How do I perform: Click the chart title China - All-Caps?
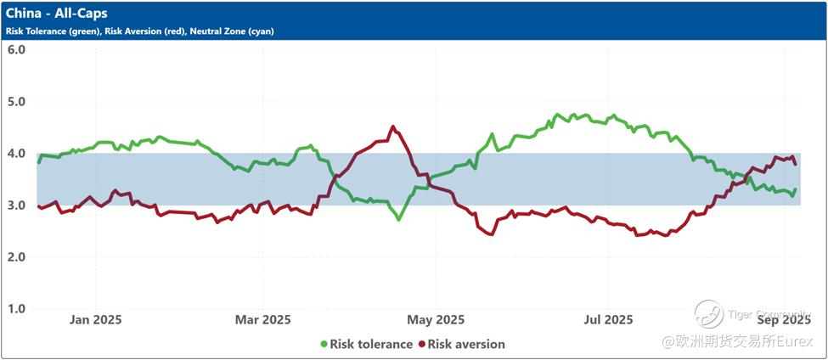pyautogui.click(x=57, y=14)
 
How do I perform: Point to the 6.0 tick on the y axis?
pyautogui.click(x=16, y=49)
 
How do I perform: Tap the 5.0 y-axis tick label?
pyautogui.click(x=16, y=101)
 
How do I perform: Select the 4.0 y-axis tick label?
pyautogui.click(x=16, y=154)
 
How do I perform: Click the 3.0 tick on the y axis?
pyautogui.click(x=16, y=205)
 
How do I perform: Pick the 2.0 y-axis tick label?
pyautogui.click(x=16, y=257)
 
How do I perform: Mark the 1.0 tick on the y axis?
pyautogui.click(x=16, y=309)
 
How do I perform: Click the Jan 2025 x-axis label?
pyautogui.click(x=95, y=320)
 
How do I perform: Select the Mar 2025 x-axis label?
pyautogui.click(x=262, y=320)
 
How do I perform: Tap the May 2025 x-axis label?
pyautogui.click(x=436, y=320)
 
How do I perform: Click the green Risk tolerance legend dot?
pyautogui.click(x=324, y=345)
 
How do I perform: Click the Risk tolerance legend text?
pyautogui.click(x=371, y=345)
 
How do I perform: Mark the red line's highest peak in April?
pyautogui.click(x=392, y=127)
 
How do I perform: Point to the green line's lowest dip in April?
pyautogui.click(x=398, y=219)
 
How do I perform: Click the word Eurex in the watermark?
pyautogui.click(x=798, y=341)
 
